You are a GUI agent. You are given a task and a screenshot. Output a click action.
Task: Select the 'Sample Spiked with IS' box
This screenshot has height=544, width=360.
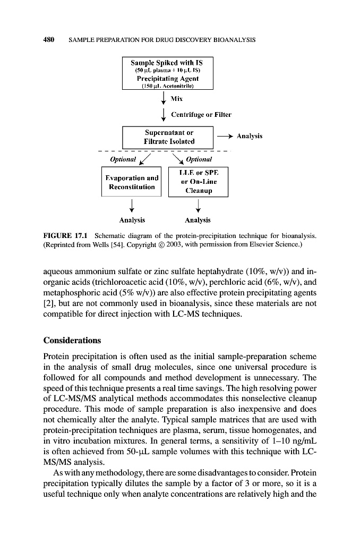(167, 73)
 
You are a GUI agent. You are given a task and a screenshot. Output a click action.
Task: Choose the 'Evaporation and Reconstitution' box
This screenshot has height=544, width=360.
(131, 182)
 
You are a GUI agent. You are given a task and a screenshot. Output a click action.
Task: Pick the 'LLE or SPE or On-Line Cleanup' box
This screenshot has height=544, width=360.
(198, 182)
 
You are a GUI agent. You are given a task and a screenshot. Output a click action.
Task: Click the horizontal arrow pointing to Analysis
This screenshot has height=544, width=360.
(224, 137)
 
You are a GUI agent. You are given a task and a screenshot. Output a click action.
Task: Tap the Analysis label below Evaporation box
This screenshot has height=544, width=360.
(131, 219)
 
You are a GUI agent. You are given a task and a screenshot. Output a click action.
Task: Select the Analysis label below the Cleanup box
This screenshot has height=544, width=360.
(198, 219)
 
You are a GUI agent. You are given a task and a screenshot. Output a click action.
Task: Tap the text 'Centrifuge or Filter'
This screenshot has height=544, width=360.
(201, 115)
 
